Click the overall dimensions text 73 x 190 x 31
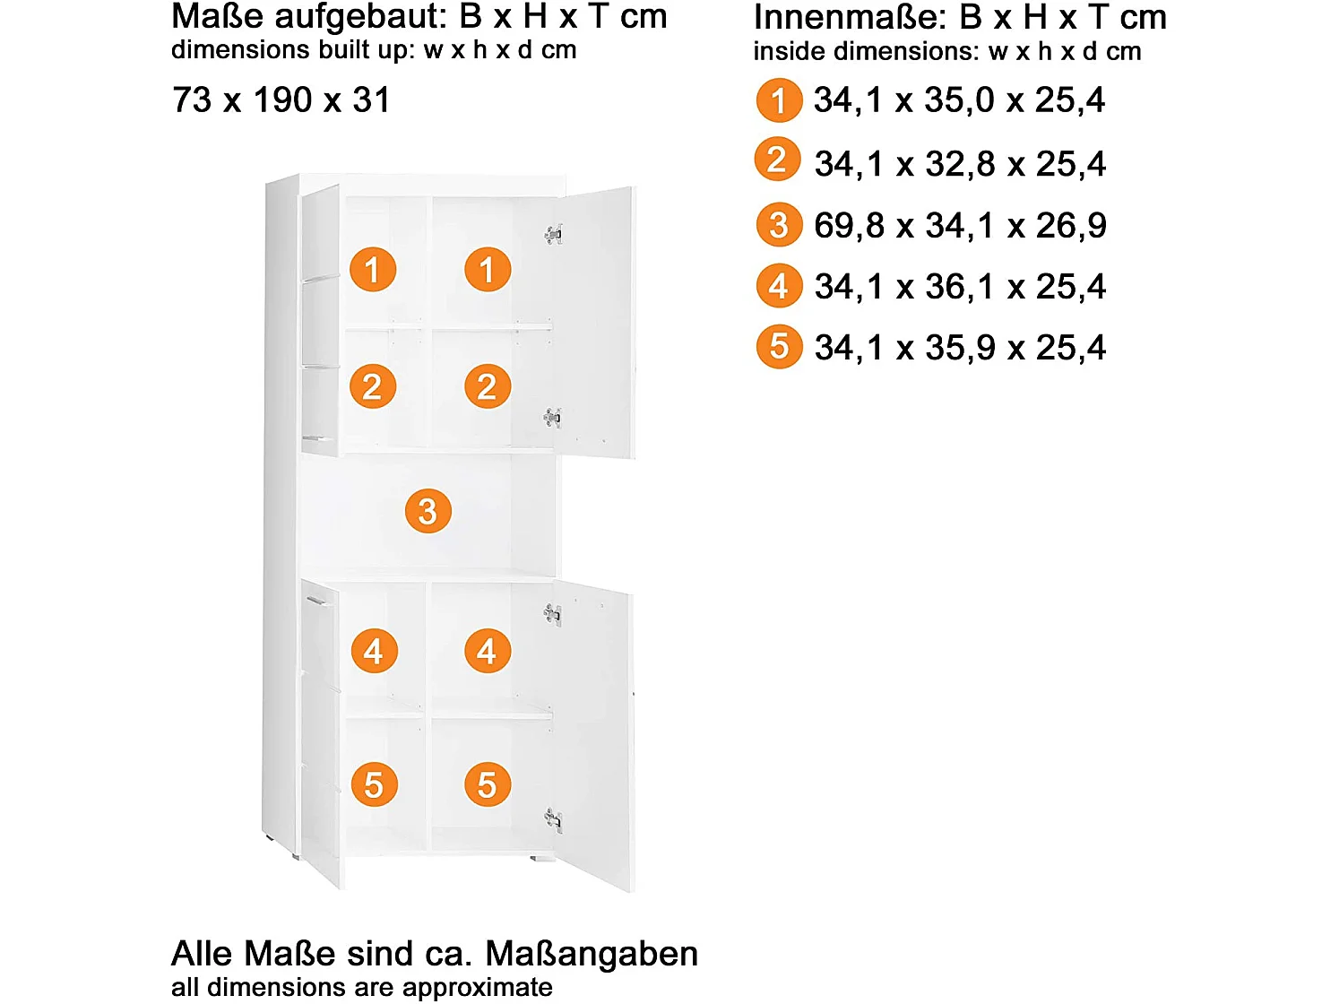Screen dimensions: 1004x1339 point(281,100)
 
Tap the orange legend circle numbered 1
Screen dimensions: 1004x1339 point(779,100)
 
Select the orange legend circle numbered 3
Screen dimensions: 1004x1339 point(779,225)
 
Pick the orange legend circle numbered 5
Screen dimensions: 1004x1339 point(779,347)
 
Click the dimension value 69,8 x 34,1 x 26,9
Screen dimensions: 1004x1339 point(960,226)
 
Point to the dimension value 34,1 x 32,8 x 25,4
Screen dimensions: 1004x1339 point(960,164)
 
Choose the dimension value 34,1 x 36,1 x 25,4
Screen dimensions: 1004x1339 point(960,287)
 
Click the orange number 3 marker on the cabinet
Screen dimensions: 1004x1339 point(428,511)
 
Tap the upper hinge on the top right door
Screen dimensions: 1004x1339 point(554,235)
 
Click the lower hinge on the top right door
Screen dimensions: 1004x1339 point(553,417)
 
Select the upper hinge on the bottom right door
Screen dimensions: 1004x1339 point(553,614)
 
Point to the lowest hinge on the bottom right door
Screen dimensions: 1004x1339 point(553,818)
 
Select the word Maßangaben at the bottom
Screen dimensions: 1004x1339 point(592,954)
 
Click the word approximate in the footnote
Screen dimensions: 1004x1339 point(477,987)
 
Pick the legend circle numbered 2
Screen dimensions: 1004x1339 point(777,160)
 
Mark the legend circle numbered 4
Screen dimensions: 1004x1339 point(779,287)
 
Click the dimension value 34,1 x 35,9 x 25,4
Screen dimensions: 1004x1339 point(960,348)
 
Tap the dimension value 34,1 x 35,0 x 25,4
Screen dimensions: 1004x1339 point(959,100)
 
